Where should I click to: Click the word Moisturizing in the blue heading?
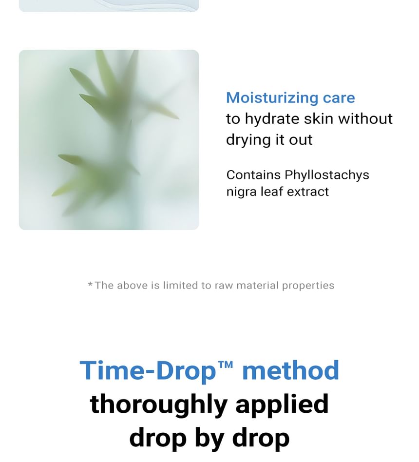point(272,98)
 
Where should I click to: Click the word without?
point(365,119)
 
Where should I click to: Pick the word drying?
point(248,140)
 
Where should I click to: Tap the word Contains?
point(253,175)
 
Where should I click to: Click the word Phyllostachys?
point(327,175)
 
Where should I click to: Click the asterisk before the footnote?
point(90,284)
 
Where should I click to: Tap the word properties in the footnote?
point(308,286)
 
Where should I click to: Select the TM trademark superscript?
point(226,365)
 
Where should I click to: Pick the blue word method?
point(290,370)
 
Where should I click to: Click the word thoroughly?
point(158,405)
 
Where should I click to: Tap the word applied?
point(282,405)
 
